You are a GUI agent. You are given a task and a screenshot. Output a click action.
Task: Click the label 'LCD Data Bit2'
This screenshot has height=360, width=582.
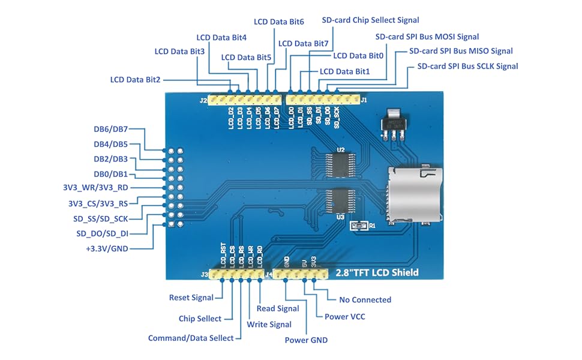[135, 79]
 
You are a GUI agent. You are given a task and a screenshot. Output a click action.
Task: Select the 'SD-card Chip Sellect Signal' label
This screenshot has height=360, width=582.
[370, 20]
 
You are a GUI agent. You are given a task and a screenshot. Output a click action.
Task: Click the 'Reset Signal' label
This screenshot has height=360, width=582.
[191, 298]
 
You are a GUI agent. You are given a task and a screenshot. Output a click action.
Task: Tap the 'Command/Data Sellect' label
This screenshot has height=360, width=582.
[191, 338]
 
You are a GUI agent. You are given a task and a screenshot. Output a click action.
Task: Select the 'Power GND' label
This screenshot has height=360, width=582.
[306, 340]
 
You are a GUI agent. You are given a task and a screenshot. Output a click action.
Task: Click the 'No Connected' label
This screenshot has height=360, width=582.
[365, 300]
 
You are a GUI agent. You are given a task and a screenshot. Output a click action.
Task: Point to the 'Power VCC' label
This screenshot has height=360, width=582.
[344, 316]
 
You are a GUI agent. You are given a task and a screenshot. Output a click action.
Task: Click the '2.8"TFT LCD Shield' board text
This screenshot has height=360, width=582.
[377, 273]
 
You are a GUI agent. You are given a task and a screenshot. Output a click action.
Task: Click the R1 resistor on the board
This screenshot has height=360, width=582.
[358, 226]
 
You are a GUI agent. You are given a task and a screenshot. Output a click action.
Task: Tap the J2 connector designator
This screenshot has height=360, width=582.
[203, 100]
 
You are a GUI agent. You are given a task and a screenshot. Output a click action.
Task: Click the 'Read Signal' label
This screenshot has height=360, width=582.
[278, 308]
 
